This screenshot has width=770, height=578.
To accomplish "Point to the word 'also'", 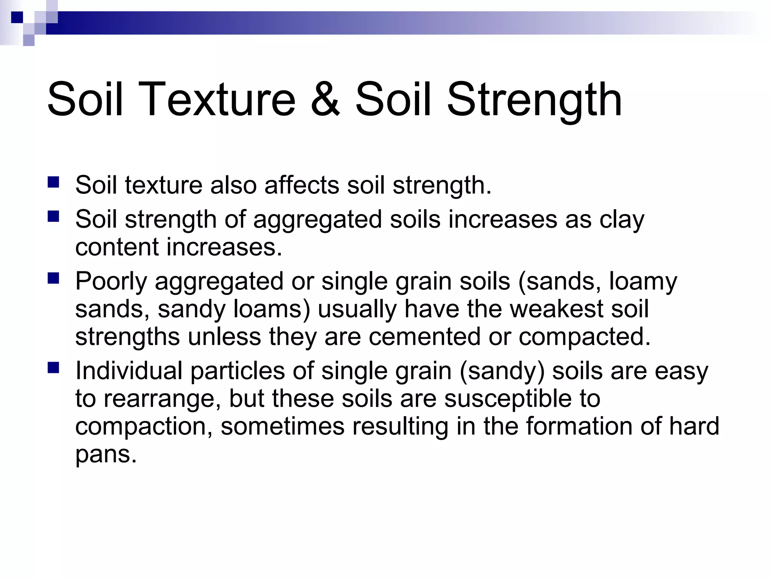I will pyautogui.click(x=233, y=185).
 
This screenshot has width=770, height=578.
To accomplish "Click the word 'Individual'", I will pyautogui.click(x=129, y=371).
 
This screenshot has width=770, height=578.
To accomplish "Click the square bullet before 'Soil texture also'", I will pyautogui.click(x=53, y=182).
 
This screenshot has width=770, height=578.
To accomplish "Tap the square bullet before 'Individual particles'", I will pyautogui.click(x=53, y=368).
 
